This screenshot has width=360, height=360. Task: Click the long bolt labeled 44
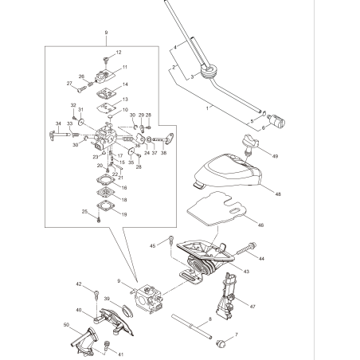coord(244,254)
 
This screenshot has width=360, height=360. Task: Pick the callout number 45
coord(153,247)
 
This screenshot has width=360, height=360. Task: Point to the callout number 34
coord(58,123)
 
